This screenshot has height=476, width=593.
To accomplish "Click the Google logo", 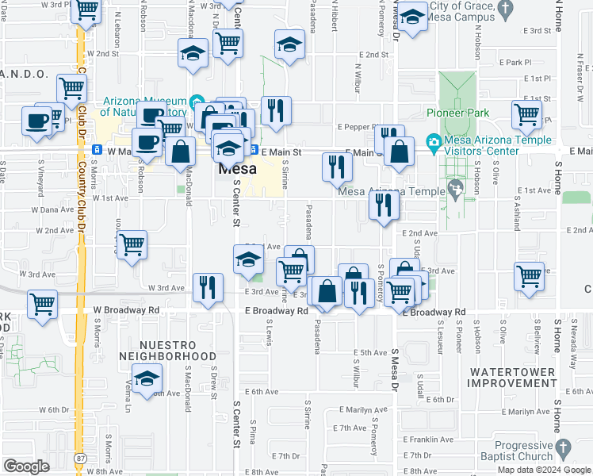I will tap(26, 466).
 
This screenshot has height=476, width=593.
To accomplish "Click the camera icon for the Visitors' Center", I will tap(433, 144).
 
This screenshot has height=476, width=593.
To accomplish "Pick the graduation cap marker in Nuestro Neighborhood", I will tap(147, 379).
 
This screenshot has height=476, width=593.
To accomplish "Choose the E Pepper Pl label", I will tap(360, 126).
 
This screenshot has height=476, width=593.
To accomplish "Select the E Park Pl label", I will tap(515, 62).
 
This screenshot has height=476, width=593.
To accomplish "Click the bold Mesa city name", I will tap(237, 170).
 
